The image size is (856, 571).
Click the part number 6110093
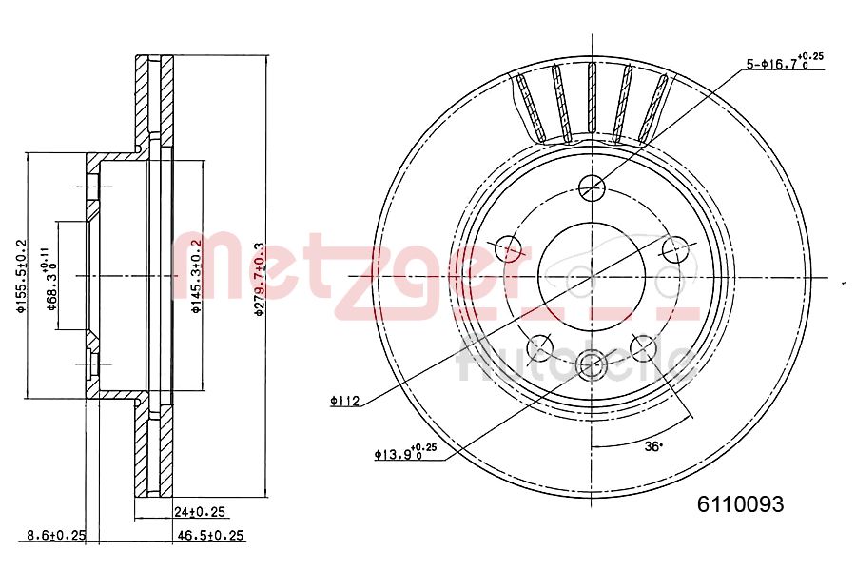(741, 504)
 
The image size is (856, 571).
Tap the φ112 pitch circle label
(344, 402)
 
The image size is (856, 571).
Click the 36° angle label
(653, 445)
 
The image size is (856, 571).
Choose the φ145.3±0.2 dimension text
(196, 276)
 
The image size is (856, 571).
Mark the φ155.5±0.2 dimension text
(18, 276)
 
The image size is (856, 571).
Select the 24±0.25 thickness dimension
(200, 512)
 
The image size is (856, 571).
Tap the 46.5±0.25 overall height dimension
(211, 536)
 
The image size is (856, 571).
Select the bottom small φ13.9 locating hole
(592, 362)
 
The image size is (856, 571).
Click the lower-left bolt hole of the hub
(540, 347)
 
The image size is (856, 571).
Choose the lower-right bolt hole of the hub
(644, 347)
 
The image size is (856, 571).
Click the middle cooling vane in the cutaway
(592, 102)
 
